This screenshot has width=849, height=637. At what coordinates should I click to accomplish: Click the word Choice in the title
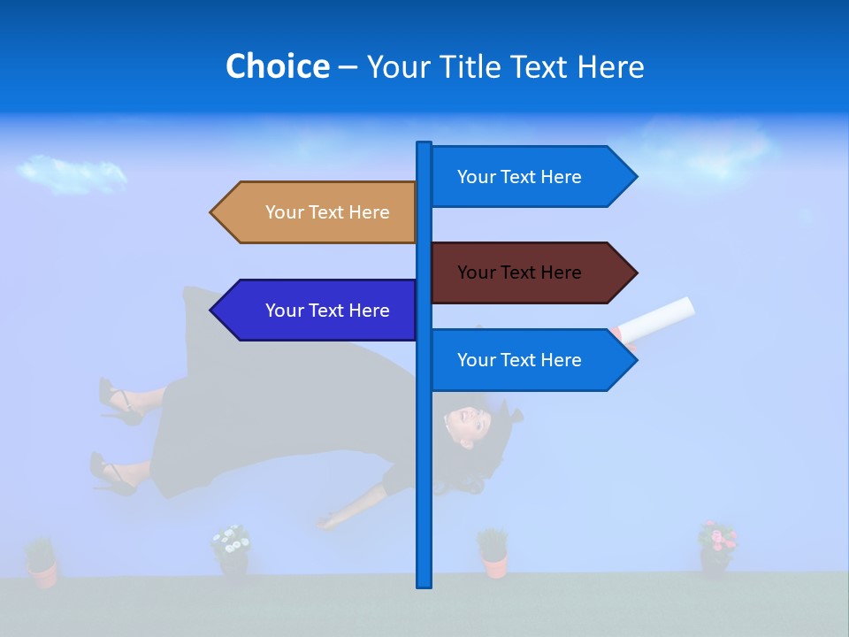point(277,66)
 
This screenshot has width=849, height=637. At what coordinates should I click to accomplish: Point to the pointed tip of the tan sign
point(213,212)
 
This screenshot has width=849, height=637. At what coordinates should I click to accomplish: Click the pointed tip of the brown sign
point(634,272)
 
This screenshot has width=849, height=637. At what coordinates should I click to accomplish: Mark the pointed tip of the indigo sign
point(213,311)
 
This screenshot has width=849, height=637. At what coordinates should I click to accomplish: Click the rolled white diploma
point(659,318)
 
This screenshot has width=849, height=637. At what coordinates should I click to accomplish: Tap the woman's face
point(466,423)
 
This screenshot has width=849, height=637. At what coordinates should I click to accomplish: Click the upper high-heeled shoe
point(119,402)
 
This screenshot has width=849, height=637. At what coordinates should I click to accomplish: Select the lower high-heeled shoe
point(111,475)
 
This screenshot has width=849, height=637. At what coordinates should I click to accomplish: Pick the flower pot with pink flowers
point(716,548)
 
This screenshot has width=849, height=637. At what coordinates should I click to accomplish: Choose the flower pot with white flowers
point(232,550)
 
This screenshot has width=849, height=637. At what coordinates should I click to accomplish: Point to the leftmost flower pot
point(42,563)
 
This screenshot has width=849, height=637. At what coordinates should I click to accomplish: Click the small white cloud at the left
point(71,173)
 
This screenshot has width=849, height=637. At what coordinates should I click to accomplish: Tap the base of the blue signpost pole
point(424,579)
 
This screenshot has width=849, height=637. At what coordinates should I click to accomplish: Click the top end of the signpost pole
point(424,146)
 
